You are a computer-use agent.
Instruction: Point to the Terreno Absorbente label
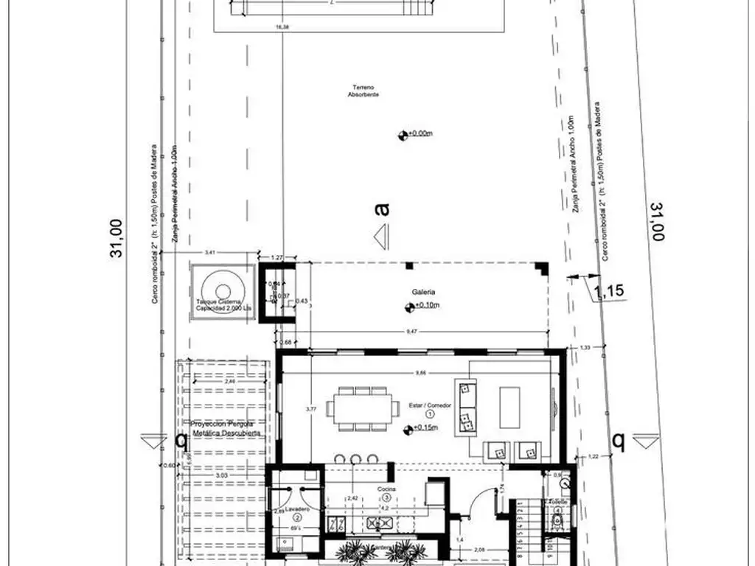[363, 91]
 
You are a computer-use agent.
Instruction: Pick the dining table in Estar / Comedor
[361, 408]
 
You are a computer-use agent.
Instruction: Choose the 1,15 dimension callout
[609, 290]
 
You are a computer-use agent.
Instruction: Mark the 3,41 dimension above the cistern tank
[209, 253]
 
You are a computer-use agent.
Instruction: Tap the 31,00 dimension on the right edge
[655, 221]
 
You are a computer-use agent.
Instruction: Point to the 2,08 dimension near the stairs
[479, 550]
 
